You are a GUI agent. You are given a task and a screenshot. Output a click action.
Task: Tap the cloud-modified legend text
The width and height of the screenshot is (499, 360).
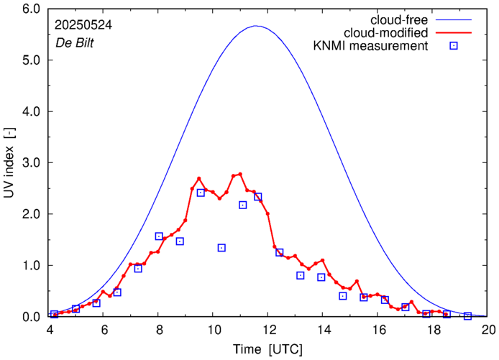coord(386,32)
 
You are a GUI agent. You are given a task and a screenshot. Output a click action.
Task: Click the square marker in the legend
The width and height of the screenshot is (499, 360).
coord(454,47)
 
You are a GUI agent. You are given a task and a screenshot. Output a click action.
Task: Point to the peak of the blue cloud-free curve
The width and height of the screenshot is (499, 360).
coord(256,26)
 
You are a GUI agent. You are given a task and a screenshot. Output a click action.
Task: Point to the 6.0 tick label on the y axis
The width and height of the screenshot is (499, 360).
coord(31,10)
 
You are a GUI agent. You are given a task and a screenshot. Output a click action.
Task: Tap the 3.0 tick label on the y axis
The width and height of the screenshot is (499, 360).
coord(31,163)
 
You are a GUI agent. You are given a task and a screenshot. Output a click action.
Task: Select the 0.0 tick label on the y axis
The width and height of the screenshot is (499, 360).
coord(31,317)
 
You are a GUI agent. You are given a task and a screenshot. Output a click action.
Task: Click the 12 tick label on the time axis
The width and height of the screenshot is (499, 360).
coord(269,330)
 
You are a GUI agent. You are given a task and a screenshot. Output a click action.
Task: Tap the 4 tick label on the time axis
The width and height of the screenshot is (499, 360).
coord(49,330)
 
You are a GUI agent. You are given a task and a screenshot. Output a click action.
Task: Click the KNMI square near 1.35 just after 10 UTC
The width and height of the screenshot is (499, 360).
coord(221,248)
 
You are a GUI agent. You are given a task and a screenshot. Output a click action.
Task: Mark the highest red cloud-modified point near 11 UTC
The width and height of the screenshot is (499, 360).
coord(240,174)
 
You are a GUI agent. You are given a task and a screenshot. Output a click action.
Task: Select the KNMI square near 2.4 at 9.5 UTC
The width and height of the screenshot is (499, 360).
coord(201,193)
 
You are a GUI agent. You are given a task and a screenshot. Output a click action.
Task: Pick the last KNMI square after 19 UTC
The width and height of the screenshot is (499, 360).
coord(467,316)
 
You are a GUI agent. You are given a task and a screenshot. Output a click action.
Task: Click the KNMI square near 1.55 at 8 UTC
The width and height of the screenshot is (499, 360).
coord(159,236)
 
